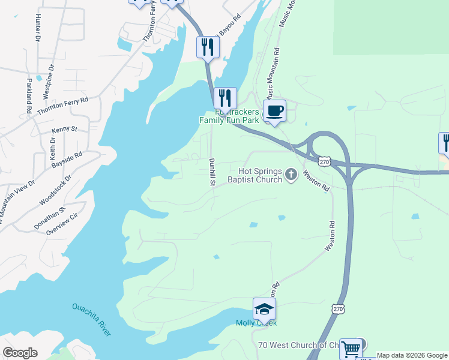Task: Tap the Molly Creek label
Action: (256, 323)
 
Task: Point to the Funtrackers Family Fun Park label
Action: (229, 116)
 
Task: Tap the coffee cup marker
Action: (274, 111)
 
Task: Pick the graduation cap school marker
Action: (264, 310)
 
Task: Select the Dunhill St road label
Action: (211, 172)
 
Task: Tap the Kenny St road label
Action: (65, 129)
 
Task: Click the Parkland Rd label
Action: (28, 95)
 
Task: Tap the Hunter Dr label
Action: (38, 28)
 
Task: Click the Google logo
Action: (20, 353)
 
